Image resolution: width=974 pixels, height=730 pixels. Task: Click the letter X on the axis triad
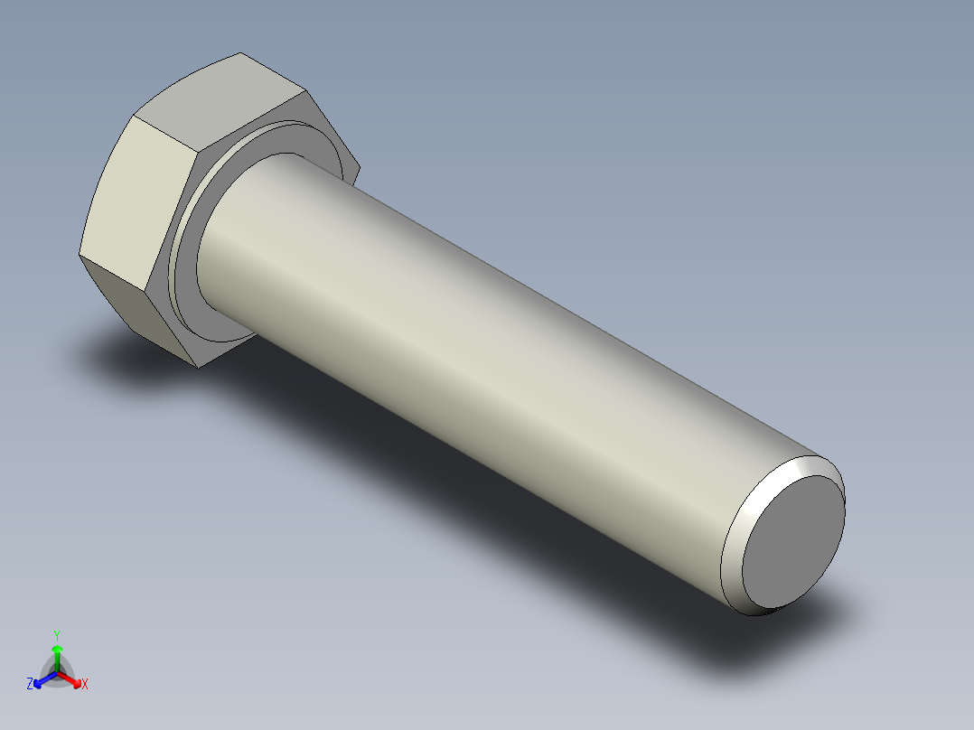85,685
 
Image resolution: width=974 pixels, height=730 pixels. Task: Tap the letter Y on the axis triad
57,635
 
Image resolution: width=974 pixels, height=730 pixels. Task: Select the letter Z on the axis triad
30,685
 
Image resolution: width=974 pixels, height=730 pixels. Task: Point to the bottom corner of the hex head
198,368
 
